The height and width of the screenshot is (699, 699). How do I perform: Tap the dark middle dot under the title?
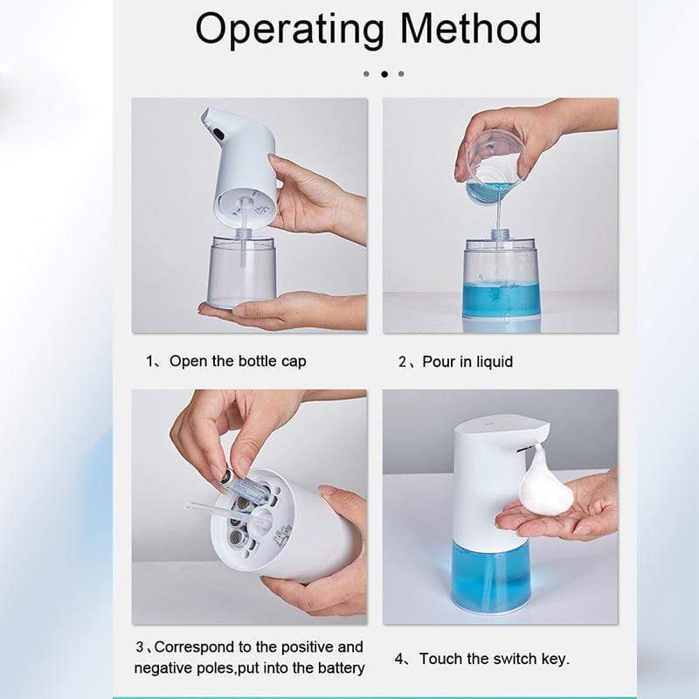click(384, 74)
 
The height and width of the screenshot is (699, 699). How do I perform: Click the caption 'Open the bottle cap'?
click(238, 361)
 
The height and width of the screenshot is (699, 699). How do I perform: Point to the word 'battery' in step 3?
click(338, 669)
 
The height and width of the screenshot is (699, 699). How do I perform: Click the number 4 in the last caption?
click(398, 659)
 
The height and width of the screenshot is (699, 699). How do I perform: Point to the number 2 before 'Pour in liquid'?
click(403, 362)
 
